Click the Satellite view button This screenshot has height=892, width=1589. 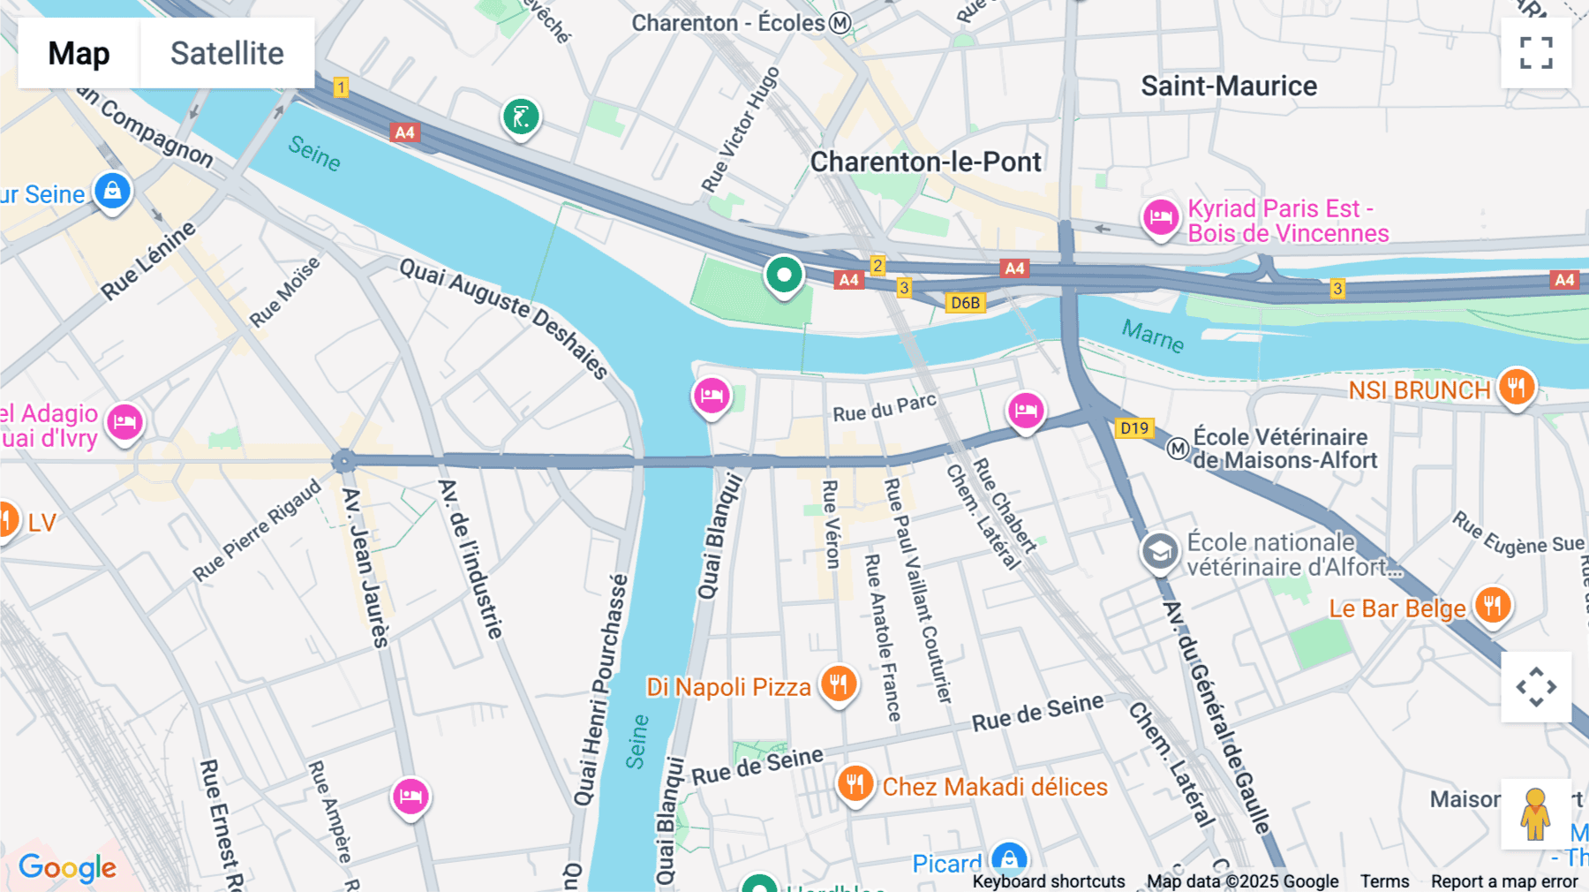coord(227,53)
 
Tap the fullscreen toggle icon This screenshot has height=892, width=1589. coord(1536,53)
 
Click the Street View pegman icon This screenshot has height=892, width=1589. coord(1535,813)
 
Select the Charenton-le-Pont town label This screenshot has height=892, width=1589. coord(925,162)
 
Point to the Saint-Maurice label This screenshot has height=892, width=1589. coord(1228,86)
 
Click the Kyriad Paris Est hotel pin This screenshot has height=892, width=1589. coord(1160,217)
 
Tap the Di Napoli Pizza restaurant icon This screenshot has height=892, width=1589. coord(839,684)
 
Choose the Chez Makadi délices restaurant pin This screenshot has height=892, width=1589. coord(855,783)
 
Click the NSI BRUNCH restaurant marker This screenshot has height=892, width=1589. coord(1516,387)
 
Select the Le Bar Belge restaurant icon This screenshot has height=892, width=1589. coord(1492,606)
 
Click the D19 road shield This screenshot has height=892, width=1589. coord(1134,428)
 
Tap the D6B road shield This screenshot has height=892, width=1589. coord(965,303)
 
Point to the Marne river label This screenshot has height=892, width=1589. coord(1152,336)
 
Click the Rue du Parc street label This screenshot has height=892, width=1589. coord(884,408)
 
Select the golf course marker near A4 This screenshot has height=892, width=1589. coord(521,117)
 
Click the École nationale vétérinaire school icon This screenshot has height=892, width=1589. coord(1159,552)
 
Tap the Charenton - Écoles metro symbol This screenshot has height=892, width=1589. coord(840,23)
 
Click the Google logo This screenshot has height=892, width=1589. coord(67,867)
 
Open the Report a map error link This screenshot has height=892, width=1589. coord(1503,881)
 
